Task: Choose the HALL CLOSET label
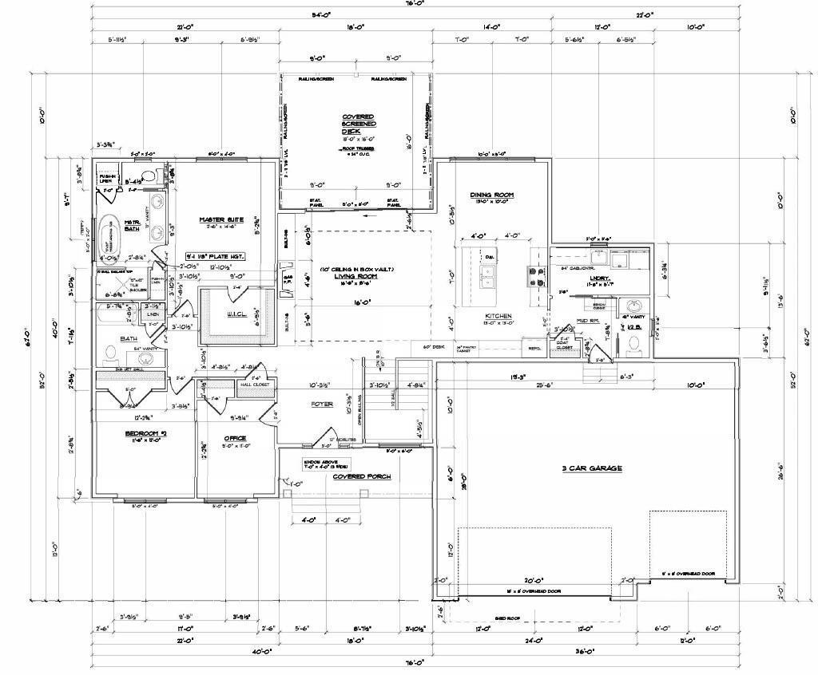256,385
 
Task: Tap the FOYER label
322,405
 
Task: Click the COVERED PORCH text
362,476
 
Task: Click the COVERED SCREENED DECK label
358,124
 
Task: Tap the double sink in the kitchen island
486,275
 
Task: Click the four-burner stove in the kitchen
533,275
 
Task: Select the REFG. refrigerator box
534,349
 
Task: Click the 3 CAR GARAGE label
592,468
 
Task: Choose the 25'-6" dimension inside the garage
546,385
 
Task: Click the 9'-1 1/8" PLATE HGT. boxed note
214,256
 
